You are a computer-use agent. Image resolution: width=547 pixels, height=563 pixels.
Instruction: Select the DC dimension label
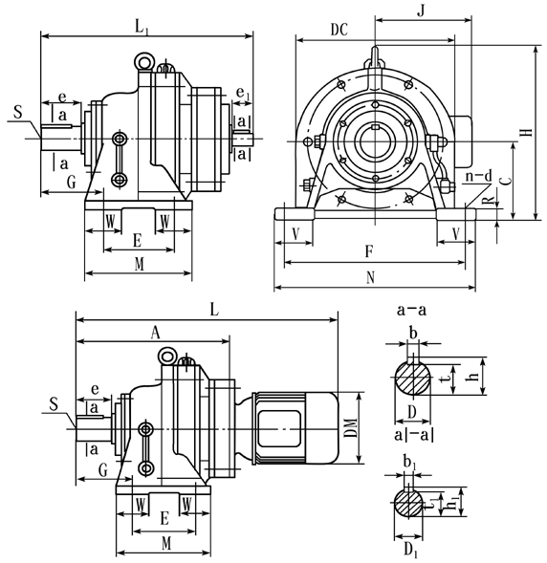pyautogui.click(x=339, y=30)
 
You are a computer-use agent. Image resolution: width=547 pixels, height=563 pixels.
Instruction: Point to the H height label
pyautogui.click(x=527, y=133)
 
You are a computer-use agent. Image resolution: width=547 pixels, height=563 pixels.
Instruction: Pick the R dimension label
pyautogui.click(x=489, y=204)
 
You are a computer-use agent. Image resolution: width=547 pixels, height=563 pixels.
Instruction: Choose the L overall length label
pyautogui.click(x=214, y=311)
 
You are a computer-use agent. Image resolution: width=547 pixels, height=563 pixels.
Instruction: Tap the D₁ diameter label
pyautogui.click(x=409, y=551)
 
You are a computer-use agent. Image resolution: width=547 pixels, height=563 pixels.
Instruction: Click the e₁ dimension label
pyautogui.click(x=242, y=94)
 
